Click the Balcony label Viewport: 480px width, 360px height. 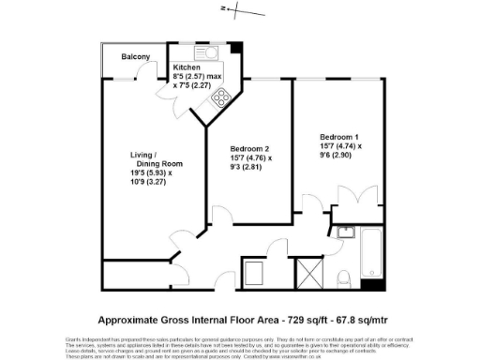pos(136,58)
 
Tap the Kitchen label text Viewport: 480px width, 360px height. pos(187,68)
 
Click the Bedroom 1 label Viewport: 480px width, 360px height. pos(338,137)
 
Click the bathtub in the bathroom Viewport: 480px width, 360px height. pos(373,255)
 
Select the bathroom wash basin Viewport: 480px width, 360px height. pos(347,232)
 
